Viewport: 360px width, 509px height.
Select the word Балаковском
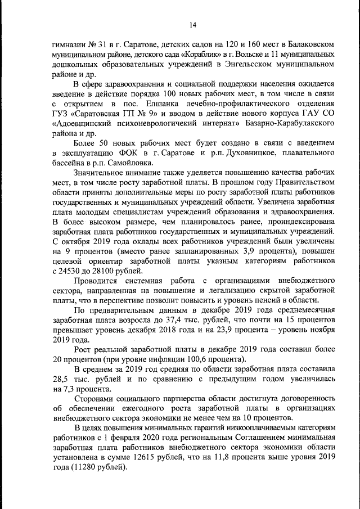(x=312, y=43)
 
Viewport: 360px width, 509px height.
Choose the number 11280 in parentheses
(x=84, y=470)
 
